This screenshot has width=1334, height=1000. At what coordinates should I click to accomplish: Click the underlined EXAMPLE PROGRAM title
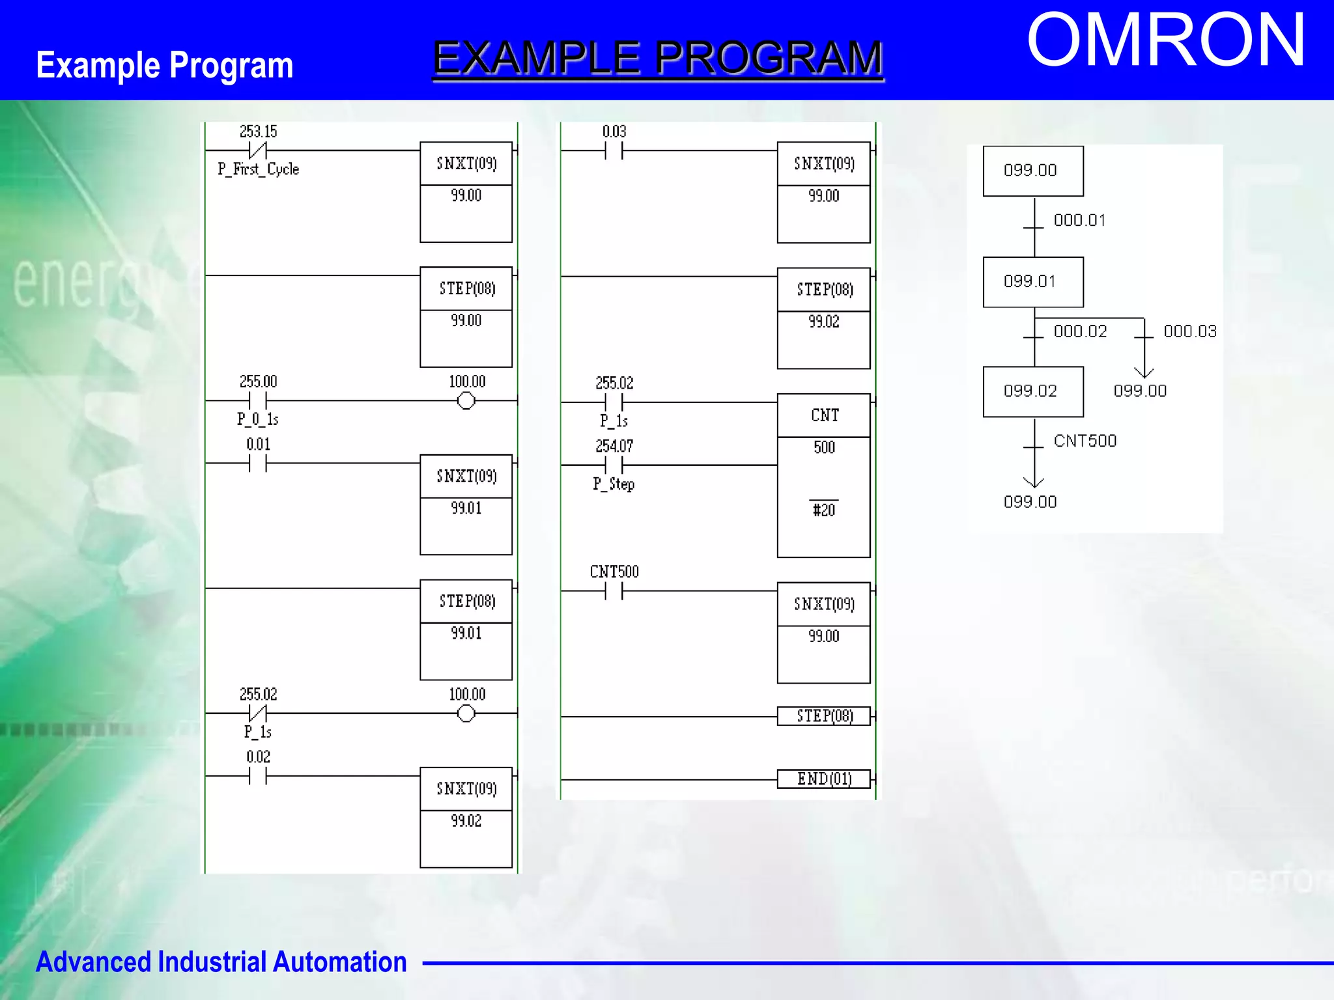click(658, 58)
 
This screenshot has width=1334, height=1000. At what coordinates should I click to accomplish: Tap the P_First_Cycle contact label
click(258, 169)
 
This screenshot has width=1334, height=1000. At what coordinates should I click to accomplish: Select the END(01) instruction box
click(823, 779)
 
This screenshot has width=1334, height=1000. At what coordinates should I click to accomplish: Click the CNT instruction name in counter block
click(824, 415)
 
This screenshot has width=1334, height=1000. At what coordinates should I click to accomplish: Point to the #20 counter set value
click(823, 510)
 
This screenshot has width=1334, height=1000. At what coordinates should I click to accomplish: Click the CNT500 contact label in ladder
click(614, 572)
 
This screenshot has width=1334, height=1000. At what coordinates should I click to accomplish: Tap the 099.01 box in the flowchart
click(1032, 282)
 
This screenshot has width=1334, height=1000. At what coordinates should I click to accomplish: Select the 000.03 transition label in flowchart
click(1189, 331)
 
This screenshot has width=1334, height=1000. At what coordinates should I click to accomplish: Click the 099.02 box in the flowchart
click(1032, 391)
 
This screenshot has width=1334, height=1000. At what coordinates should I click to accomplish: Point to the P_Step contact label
click(613, 484)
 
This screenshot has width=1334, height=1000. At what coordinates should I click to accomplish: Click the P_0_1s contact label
click(257, 419)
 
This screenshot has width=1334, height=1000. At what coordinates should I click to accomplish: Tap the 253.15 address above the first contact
click(258, 132)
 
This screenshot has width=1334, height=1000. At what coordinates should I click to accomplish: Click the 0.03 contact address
click(614, 132)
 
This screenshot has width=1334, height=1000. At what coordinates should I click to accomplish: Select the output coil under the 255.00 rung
click(466, 401)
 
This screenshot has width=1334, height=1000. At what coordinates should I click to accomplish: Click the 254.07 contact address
click(614, 446)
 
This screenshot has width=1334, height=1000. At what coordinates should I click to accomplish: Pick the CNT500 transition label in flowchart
click(1085, 441)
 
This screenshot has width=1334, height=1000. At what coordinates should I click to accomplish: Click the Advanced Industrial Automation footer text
click(221, 962)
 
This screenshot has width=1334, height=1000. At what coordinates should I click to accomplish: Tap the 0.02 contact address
click(258, 757)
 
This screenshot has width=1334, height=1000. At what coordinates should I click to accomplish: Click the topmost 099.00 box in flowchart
click(1032, 171)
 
